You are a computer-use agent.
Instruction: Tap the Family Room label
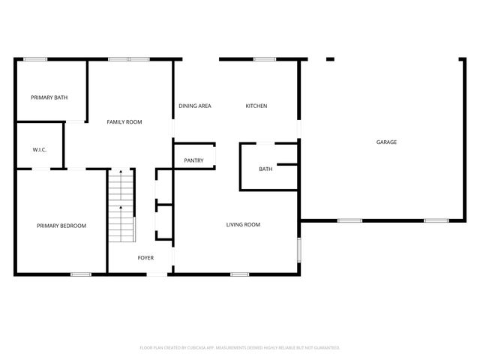point(124,121)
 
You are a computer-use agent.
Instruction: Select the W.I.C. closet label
point(40,149)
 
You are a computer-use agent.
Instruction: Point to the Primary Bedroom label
point(61,226)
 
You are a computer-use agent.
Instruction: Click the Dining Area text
point(194,106)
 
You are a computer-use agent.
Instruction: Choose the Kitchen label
point(256,106)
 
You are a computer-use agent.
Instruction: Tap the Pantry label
point(193,160)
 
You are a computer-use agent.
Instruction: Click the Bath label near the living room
point(265,169)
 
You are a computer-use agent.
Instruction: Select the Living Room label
point(243,224)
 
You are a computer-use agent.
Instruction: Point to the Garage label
point(386,142)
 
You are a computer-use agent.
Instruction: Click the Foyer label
point(145,258)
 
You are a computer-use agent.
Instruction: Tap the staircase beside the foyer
point(120,206)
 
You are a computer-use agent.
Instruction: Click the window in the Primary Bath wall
point(35,59)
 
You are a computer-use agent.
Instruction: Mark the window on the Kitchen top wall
point(264,59)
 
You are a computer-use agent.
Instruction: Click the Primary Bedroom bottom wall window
point(80,274)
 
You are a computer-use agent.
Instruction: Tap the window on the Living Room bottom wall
point(239,274)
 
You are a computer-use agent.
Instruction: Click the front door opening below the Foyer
point(157,274)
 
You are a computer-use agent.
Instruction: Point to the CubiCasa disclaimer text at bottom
point(240,348)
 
